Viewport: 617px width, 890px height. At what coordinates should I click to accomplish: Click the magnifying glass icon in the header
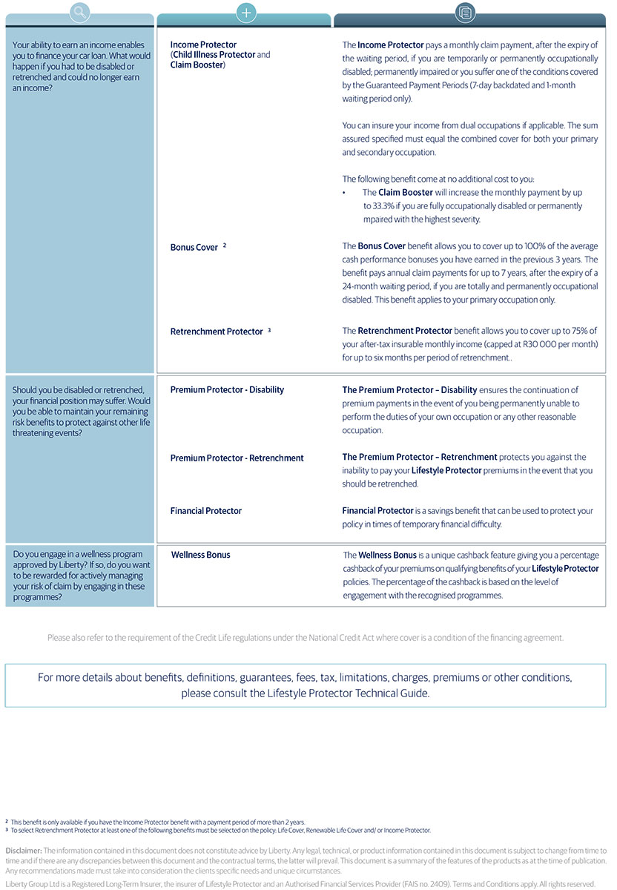click(80, 12)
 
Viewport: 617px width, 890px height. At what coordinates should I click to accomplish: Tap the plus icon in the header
click(245, 12)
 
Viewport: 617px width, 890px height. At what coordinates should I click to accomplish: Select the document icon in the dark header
click(466, 12)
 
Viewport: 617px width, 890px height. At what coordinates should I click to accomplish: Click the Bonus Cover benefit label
click(194, 248)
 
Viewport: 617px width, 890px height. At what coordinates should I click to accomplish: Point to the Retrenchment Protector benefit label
click(217, 332)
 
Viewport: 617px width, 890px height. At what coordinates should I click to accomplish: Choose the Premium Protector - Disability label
click(227, 390)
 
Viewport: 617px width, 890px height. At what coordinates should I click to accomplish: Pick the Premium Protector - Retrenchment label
click(237, 458)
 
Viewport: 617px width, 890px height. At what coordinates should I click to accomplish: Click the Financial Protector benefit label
click(205, 511)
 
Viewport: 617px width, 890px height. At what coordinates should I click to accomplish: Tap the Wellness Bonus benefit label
click(200, 555)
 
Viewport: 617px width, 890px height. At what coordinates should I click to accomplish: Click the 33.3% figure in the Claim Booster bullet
click(377, 206)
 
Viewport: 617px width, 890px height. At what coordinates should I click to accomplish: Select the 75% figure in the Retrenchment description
click(573, 331)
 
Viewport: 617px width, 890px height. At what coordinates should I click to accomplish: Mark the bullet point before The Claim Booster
click(344, 193)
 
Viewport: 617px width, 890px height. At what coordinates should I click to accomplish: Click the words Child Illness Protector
click(214, 55)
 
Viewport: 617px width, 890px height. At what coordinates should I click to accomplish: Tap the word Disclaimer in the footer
click(23, 850)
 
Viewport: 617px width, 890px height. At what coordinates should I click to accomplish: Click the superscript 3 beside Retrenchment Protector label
click(269, 329)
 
